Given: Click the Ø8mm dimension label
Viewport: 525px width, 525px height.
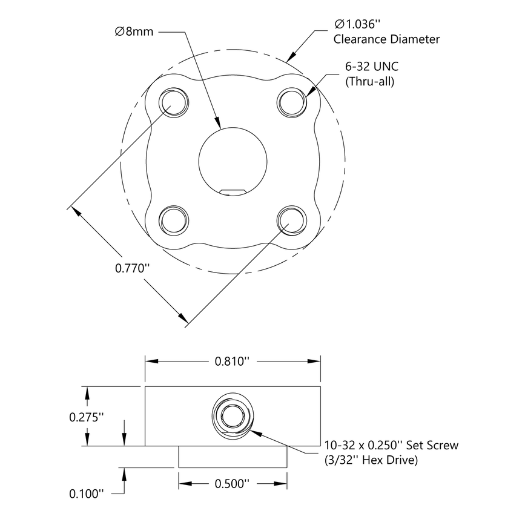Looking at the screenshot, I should click(x=134, y=31).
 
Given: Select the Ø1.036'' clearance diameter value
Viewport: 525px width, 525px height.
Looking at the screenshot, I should click(x=357, y=24).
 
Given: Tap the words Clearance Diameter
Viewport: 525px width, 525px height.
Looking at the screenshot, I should click(x=386, y=39).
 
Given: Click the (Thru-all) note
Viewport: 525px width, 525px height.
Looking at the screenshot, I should click(x=369, y=82).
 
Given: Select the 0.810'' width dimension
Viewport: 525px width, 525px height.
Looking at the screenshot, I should click(x=233, y=362).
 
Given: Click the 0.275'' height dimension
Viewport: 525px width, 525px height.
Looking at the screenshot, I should click(x=87, y=417).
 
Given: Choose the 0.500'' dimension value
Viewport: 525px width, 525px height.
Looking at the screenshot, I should click(x=233, y=484).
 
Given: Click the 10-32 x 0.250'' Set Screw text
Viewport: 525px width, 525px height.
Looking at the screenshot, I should click(x=391, y=445).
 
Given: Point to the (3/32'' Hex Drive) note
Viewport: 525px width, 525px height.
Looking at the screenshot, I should click(x=371, y=461).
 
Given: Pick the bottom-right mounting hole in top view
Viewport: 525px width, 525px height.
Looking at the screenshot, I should click(x=291, y=219).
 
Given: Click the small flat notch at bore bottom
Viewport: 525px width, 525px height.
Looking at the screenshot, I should click(x=233, y=192).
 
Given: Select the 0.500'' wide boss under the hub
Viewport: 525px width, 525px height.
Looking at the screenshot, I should click(x=233, y=457).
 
